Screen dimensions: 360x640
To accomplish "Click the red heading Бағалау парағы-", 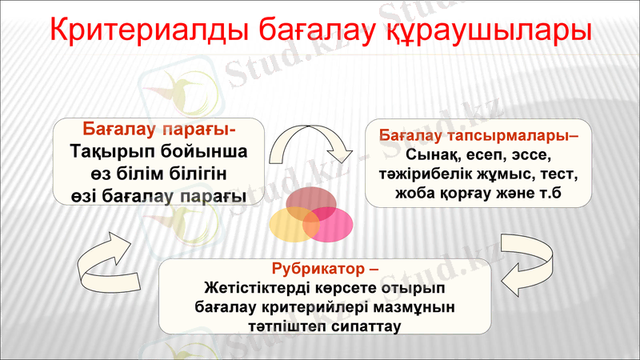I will pos(159,129).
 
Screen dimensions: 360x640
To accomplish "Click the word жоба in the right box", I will pos(414,193).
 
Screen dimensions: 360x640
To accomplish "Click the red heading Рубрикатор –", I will pos(324,268).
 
